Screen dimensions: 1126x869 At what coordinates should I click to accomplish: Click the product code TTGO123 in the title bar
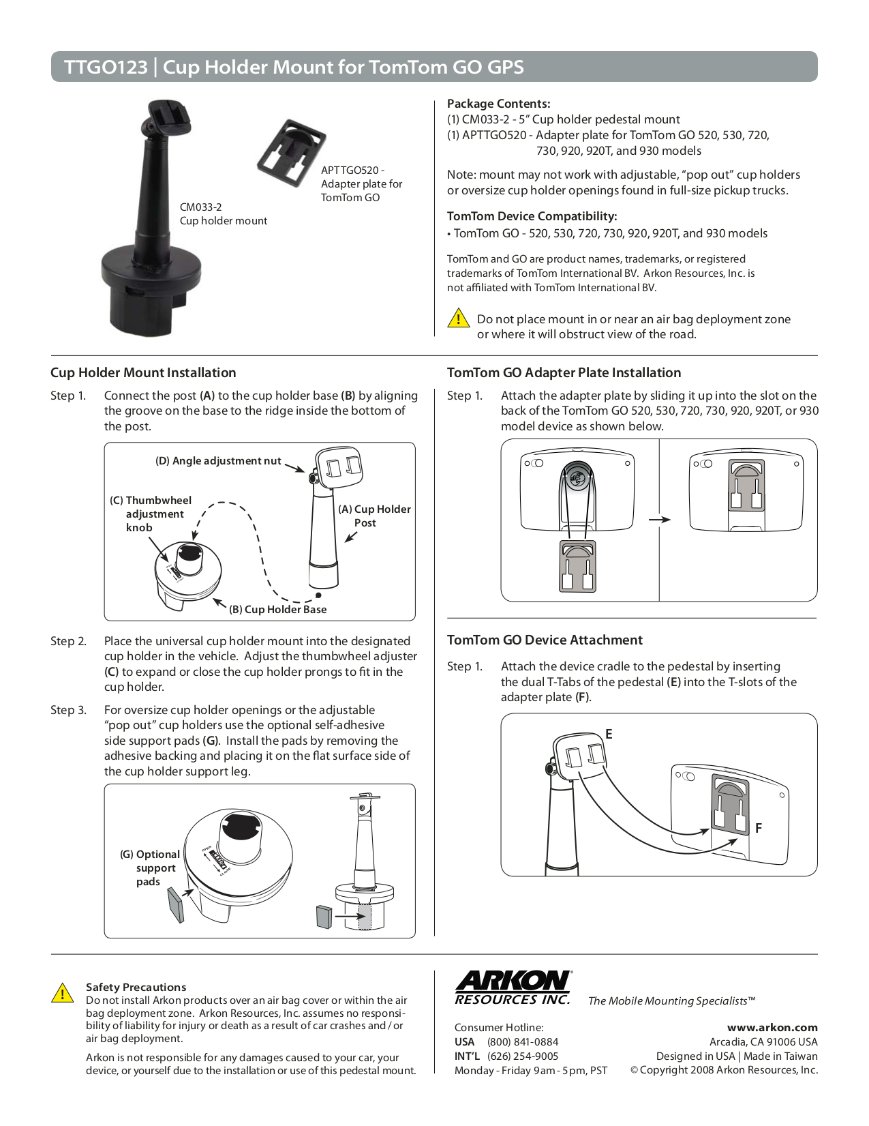[106, 68]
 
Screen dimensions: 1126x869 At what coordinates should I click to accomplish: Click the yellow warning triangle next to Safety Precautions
[63, 993]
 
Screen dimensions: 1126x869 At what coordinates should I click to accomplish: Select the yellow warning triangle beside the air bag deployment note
[459, 318]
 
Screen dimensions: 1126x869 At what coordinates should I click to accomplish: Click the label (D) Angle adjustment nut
[218, 461]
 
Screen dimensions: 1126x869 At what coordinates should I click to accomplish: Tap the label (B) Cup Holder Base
[277, 610]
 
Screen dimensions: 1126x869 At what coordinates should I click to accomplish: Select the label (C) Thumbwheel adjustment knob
[151, 514]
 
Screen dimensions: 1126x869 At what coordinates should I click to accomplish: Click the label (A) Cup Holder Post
[374, 516]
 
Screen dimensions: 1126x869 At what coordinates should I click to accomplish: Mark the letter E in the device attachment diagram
[609, 735]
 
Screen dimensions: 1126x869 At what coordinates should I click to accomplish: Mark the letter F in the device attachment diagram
[758, 828]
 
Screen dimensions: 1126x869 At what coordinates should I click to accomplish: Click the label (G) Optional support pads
[150, 868]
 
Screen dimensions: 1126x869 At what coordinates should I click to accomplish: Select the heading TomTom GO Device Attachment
[545, 640]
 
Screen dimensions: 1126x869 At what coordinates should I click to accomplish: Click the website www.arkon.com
[772, 1027]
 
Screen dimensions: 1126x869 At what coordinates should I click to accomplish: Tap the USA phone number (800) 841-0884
[522, 1042]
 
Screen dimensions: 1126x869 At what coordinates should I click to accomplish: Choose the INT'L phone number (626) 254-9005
[522, 1056]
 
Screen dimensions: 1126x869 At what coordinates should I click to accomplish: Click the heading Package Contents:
[498, 104]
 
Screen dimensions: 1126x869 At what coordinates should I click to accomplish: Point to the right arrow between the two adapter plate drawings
[659, 520]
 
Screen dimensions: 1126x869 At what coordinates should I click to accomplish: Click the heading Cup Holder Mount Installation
[143, 373]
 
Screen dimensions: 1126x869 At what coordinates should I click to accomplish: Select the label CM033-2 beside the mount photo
[200, 207]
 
